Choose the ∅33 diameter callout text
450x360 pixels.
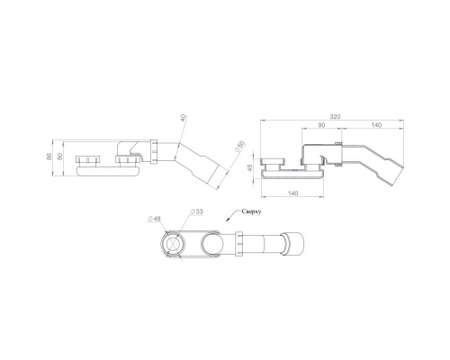[x=195, y=212]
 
